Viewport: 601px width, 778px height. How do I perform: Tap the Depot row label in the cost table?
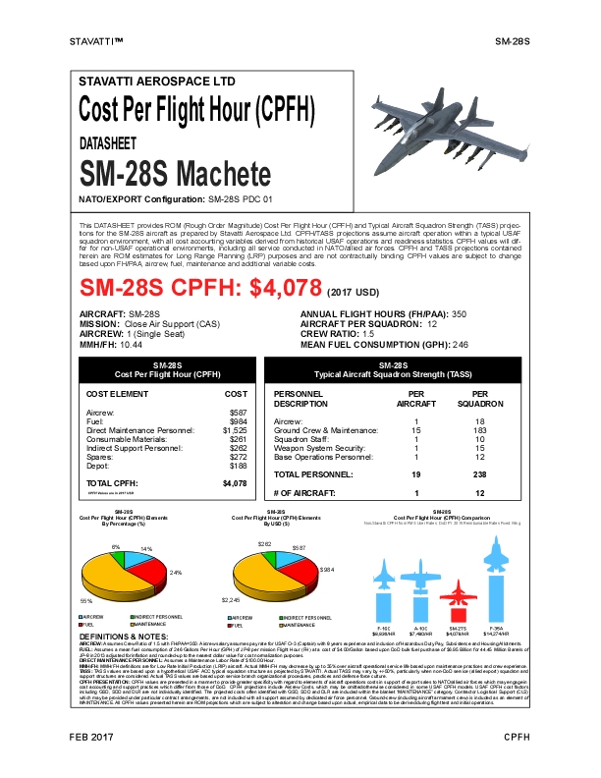tap(97, 466)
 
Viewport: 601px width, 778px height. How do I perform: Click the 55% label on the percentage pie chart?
tap(85, 600)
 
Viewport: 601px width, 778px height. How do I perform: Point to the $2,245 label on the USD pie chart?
tap(231, 600)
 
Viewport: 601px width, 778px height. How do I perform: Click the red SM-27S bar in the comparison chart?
tap(454, 599)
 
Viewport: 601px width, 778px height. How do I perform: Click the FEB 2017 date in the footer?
tap(91, 763)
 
